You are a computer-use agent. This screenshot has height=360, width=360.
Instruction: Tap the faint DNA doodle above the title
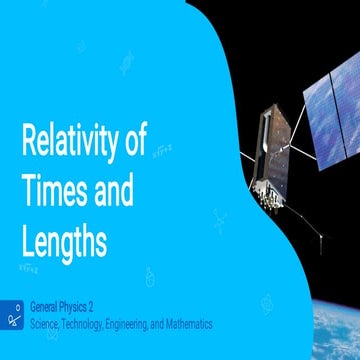tap(129, 64)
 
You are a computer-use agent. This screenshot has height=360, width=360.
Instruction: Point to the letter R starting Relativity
tap(28, 142)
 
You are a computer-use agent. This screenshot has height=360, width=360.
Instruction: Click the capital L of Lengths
tap(27, 239)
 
